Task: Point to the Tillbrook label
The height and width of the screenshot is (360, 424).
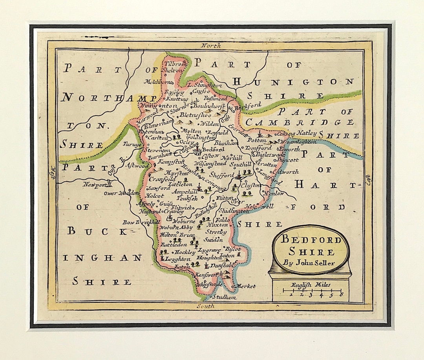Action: (174, 64)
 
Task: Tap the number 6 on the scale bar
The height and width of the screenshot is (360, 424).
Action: (341, 295)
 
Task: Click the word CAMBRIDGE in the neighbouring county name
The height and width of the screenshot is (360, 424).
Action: (299, 122)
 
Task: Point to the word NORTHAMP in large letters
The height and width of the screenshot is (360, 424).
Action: (111, 98)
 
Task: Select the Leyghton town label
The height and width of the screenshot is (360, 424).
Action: (177, 259)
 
